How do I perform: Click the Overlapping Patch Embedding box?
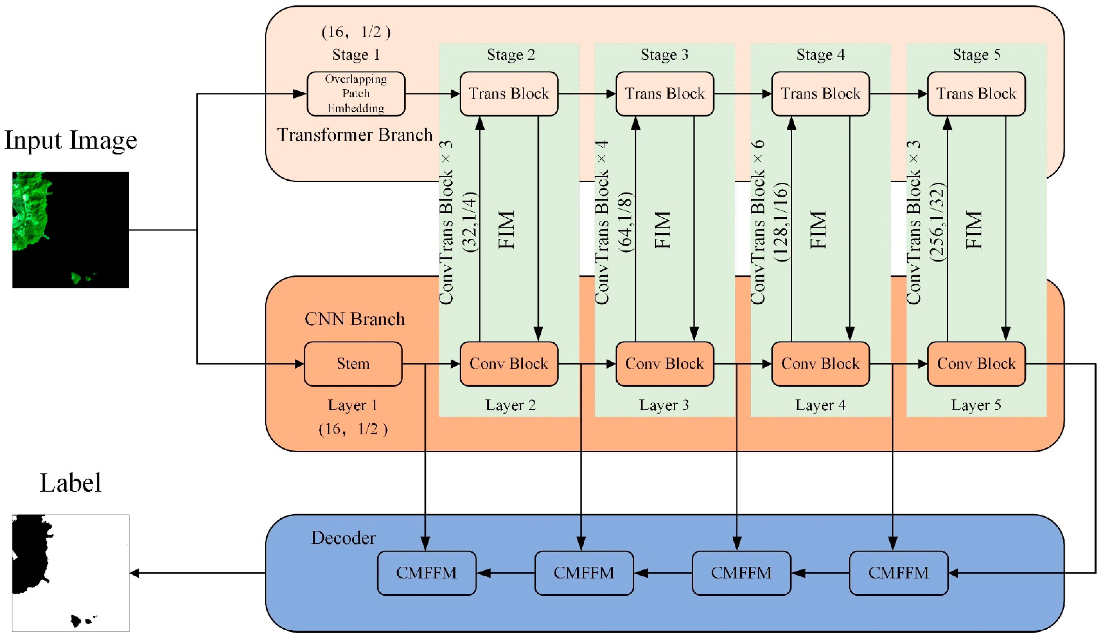pyautogui.click(x=356, y=94)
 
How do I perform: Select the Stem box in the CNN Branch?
pyautogui.click(x=353, y=364)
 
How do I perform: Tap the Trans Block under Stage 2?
pyautogui.click(x=509, y=94)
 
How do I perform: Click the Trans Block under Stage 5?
pyautogui.click(x=976, y=94)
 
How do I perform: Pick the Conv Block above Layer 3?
pyautogui.click(x=664, y=364)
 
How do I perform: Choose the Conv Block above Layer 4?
pyautogui.click(x=820, y=364)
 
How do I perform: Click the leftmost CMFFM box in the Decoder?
pyautogui.click(x=426, y=573)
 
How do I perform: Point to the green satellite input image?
pyautogui.click(x=71, y=230)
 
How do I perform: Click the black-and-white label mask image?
pyautogui.click(x=71, y=573)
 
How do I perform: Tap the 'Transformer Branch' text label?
pyautogui.click(x=355, y=135)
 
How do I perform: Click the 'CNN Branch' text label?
pyautogui.click(x=355, y=319)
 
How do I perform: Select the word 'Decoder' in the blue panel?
pyautogui.click(x=343, y=538)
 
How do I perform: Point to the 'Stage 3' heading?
pyautogui.click(x=664, y=55)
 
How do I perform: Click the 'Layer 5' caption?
pyautogui.click(x=976, y=405)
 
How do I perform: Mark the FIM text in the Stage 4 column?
pyautogui.click(x=818, y=230)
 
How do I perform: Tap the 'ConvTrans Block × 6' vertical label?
pyautogui.click(x=758, y=222)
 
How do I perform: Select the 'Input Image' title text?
pyautogui.click(x=71, y=141)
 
